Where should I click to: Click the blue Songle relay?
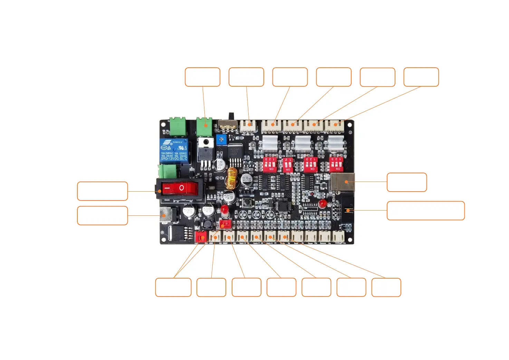coord(174,151)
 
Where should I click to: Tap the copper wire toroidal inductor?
coord(232,177)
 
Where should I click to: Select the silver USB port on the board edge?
coord(342,182)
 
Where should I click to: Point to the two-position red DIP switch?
coord(288,165)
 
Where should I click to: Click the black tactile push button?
coord(247,202)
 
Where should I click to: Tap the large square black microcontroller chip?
coord(284,206)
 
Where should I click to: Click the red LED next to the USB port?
coord(322,203)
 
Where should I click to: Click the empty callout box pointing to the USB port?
coord(406,182)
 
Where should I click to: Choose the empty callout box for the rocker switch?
coord(102,191)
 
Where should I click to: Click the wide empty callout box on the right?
coord(425,211)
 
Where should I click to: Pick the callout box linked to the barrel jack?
coord(102,216)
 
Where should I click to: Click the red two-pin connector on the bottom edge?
coord(201,236)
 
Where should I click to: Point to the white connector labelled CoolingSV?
coord(338,236)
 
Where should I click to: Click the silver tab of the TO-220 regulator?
coord(206,143)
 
